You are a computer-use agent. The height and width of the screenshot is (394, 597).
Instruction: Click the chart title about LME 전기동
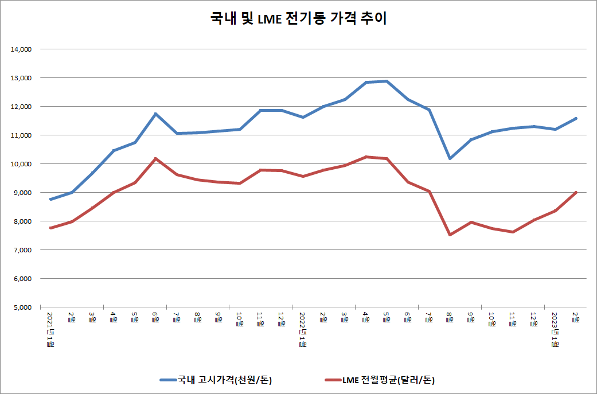[x=298, y=19]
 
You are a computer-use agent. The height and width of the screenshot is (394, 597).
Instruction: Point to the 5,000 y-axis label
[x=22, y=307]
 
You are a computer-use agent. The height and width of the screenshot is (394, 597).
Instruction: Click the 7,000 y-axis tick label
[x=22, y=250]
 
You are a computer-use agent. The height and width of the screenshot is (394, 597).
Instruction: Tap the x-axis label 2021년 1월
[x=50, y=330]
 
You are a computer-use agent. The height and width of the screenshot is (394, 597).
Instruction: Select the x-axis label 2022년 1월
[x=302, y=330]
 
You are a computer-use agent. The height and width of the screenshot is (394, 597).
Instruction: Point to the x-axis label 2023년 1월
[x=555, y=330]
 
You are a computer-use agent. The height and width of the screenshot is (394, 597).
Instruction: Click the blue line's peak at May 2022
[x=387, y=81]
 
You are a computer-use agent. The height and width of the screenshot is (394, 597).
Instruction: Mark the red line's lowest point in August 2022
[x=450, y=235]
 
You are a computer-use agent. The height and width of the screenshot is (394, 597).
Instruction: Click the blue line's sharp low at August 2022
[x=450, y=158]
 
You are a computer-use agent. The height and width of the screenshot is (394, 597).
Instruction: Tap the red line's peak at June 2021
[x=155, y=158]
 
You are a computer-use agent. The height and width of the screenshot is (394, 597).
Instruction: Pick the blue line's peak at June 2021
[x=155, y=114]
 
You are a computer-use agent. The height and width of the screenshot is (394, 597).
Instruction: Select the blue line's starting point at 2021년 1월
[x=50, y=199]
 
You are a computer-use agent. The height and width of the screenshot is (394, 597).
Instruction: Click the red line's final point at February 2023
[x=576, y=192]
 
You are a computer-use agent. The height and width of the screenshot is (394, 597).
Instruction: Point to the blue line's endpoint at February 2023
[x=576, y=118]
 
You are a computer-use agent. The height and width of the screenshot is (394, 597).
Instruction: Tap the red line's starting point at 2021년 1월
[x=50, y=228]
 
